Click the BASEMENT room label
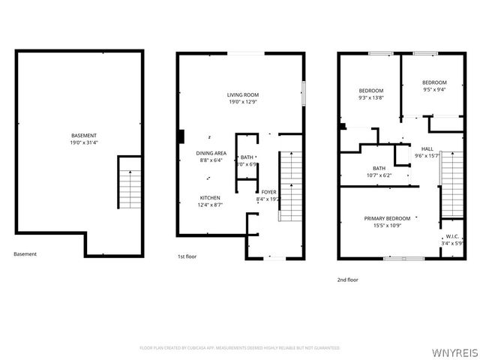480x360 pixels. [79, 136]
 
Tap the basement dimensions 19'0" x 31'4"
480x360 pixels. [79, 142]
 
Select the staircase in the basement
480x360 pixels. [130, 182]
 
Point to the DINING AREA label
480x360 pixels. [211, 153]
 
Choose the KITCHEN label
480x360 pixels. [210, 198]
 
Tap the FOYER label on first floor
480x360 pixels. [268, 193]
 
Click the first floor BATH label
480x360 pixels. [247, 157]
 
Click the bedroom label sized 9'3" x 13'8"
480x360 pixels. [371, 91]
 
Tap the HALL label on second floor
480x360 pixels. [427, 148]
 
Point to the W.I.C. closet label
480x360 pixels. [451, 237]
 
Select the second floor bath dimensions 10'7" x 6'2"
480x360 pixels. [379, 175]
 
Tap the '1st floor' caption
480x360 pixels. [187, 256]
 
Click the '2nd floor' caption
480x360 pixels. [347, 280]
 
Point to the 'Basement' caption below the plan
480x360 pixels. [25, 253]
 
